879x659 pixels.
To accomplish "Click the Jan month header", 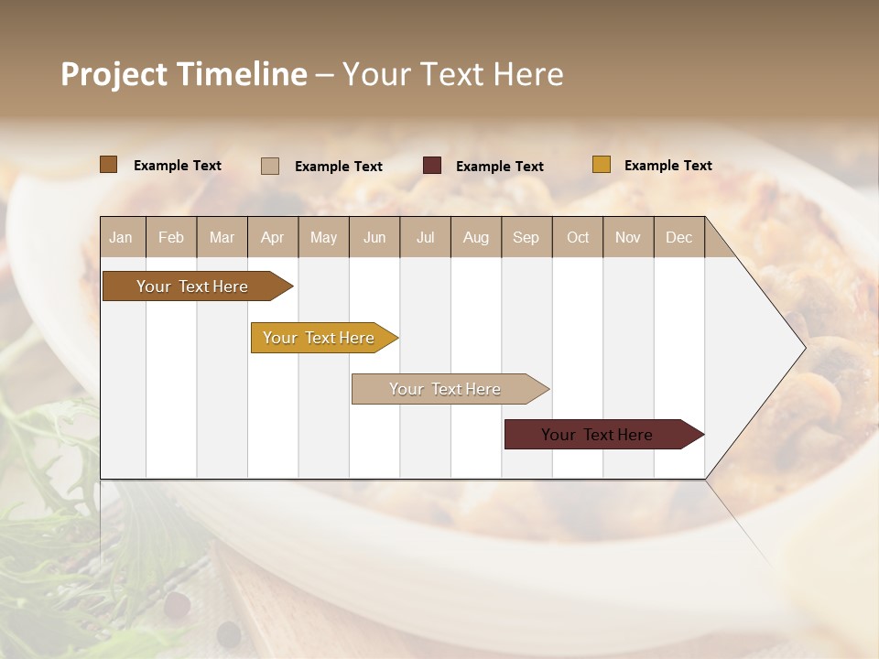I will click(x=121, y=237).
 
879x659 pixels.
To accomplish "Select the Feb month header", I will click(x=171, y=237).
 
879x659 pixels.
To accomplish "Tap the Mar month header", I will click(x=222, y=237).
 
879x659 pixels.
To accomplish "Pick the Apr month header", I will click(x=273, y=237).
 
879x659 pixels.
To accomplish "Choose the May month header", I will click(x=323, y=237).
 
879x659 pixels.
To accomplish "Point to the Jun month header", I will click(x=374, y=237).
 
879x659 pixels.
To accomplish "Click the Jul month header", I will click(x=425, y=237).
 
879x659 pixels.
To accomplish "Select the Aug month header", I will click(x=476, y=237).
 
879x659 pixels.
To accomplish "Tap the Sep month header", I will click(x=526, y=237).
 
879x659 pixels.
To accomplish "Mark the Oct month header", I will click(x=578, y=237).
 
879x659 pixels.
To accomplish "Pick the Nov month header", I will click(x=628, y=237).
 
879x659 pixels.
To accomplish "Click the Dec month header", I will click(x=679, y=237).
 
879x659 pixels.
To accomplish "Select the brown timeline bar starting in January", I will click(x=192, y=286).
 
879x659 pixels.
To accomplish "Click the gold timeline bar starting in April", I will click(x=319, y=338).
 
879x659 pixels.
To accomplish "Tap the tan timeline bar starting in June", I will click(x=445, y=389).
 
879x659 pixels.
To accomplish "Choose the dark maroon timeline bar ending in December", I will click(x=597, y=435).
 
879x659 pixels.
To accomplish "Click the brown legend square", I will click(x=109, y=165).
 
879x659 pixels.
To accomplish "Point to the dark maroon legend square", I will click(x=432, y=166).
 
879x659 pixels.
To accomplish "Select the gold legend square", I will click(x=602, y=165).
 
